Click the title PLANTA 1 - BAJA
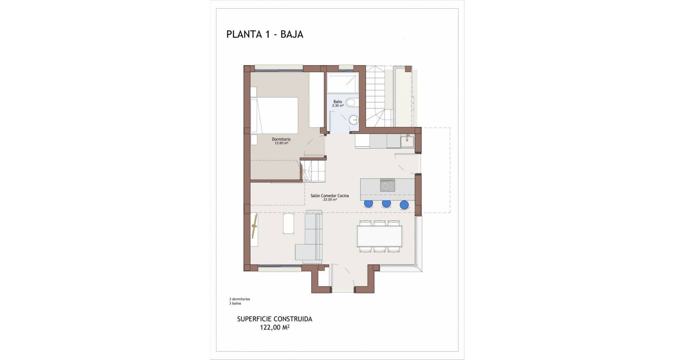click(265, 34)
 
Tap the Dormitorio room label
click(281, 139)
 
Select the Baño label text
click(337, 102)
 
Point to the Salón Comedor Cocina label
click(330, 196)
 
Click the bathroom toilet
click(351, 103)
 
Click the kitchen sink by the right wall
click(408, 141)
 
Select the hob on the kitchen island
click(387, 185)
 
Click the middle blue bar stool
click(387, 204)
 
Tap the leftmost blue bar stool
click(368, 204)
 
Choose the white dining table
click(379, 236)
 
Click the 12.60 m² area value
click(281, 143)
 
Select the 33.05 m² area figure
click(330, 200)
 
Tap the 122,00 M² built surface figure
click(275, 327)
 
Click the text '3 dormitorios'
click(239, 299)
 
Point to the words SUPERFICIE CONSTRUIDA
click(275, 319)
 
